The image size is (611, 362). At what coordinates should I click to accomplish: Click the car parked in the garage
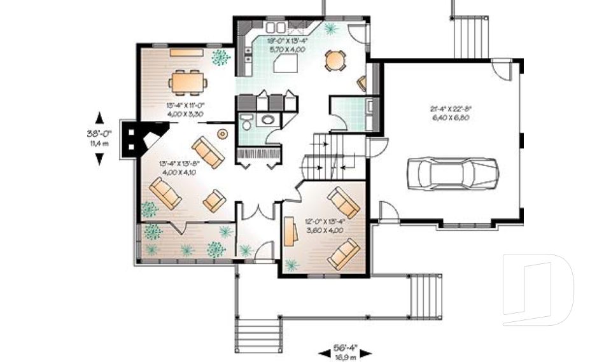point(453,171)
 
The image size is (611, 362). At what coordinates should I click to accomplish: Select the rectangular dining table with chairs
point(188,81)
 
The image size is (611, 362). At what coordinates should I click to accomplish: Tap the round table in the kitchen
point(335,60)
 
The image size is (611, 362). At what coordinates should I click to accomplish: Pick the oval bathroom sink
point(269,120)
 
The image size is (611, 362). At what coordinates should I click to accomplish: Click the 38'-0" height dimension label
point(99,134)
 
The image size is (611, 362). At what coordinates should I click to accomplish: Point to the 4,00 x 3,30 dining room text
point(185,113)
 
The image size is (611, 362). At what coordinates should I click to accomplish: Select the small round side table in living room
point(223,134)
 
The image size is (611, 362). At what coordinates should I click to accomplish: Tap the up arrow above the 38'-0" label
point(99,118)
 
